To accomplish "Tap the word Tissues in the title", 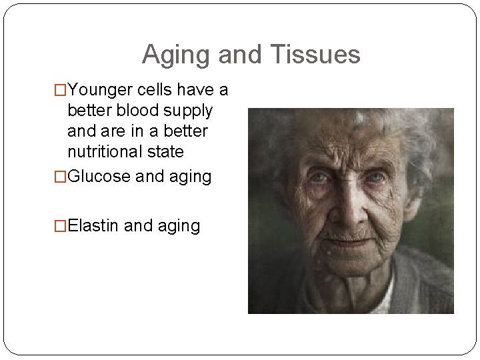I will pos(315,55).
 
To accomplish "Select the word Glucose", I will pos(100,177).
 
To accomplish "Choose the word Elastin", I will pos(94,226).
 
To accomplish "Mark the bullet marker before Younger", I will pos(60,89).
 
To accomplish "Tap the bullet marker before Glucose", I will pos(60,177).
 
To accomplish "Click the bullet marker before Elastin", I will pos(60,227).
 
